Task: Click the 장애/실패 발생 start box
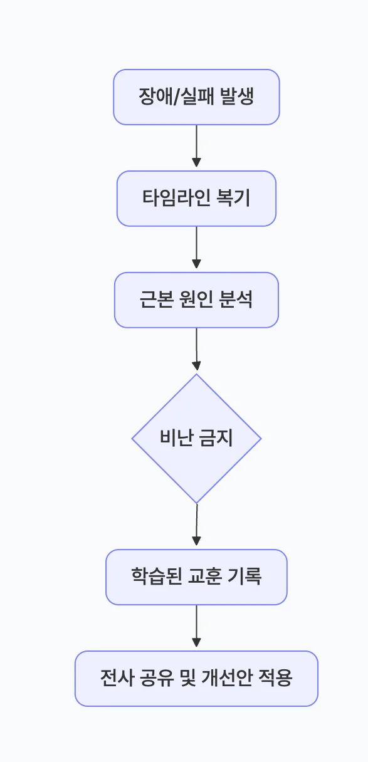(x=196, y=97)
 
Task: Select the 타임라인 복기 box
(x=196, y=199)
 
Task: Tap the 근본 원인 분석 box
(x=196, y=300)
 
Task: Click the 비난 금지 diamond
(x=196, y=439)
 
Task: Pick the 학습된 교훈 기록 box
(x=196, y=577)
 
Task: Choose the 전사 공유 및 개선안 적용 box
(x=196, y=679)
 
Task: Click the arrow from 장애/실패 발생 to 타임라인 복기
(x=196, y=146)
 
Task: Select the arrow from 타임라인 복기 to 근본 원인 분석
(x=196, y=248)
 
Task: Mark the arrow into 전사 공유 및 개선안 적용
(x=196, y=626)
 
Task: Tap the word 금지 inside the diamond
(x=216, y=439)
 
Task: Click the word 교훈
(x=203, y=577)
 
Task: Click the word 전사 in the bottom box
(x=114, y=679)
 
